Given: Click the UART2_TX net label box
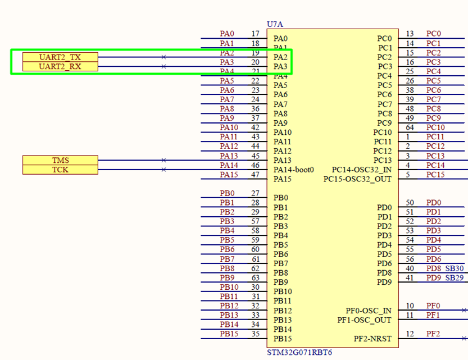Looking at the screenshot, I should [60, 57].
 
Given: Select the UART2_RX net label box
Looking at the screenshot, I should [60, 67].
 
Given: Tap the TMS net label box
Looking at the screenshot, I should [60, 161].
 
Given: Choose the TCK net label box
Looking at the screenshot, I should [60, 170].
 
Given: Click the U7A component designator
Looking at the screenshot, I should [275, 24].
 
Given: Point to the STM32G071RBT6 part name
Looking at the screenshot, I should [300, 352].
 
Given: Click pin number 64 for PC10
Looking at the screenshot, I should [410, 127].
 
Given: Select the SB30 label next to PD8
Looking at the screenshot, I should [455, 268].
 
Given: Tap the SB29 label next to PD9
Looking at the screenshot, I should [455, 278].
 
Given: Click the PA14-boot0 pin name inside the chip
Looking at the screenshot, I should [294, 170].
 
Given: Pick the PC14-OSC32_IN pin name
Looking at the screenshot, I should [362, 170].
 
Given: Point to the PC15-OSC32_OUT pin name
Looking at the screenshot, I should [358, 179].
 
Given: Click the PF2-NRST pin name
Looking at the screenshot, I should [372, 339].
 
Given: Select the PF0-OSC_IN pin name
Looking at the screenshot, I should [369, 311].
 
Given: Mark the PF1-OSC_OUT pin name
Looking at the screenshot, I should [365, 320].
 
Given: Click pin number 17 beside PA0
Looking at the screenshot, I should [255, 34].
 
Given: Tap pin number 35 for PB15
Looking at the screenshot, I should [255, 334].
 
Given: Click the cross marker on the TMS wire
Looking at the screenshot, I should [163, 160].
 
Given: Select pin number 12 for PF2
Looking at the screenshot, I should [410, 334].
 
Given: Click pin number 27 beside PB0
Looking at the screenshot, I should [255, 193].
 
